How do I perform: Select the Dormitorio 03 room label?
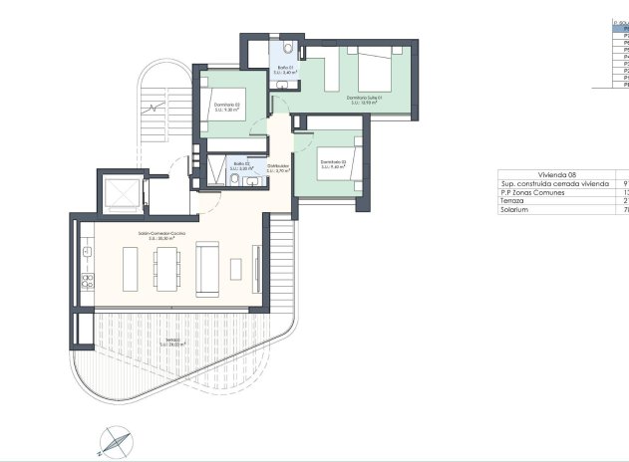pos(332,164)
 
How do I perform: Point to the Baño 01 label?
pos(286,70)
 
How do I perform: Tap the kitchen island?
pos(131,267)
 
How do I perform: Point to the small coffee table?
pos(236,268)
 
